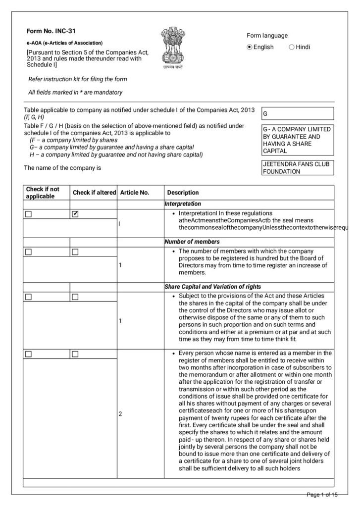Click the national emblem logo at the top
click(x=172, y=47)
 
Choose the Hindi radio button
click(x=291, y=47)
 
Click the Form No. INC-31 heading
click(x=51, y=31)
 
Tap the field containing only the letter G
click(x=297, y=113)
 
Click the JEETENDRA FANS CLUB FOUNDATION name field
click(x=297, y=167)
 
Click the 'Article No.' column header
click(x=135, y=193)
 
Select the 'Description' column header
click(x=183, y=193)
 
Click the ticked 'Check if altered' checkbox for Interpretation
click(x=75, y=214)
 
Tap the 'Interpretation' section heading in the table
click(x=183, y=203)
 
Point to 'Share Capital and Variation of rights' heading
click(x=213, y=287)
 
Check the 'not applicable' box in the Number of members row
click(x=28, y=252)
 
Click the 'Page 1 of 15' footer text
click(x=322, y=495)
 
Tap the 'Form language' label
click(x=267, y=36)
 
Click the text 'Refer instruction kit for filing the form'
click(x=78, y=79)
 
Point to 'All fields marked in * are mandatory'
click(x=75, y=92)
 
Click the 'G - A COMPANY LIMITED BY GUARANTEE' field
click(x=297, y=140)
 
